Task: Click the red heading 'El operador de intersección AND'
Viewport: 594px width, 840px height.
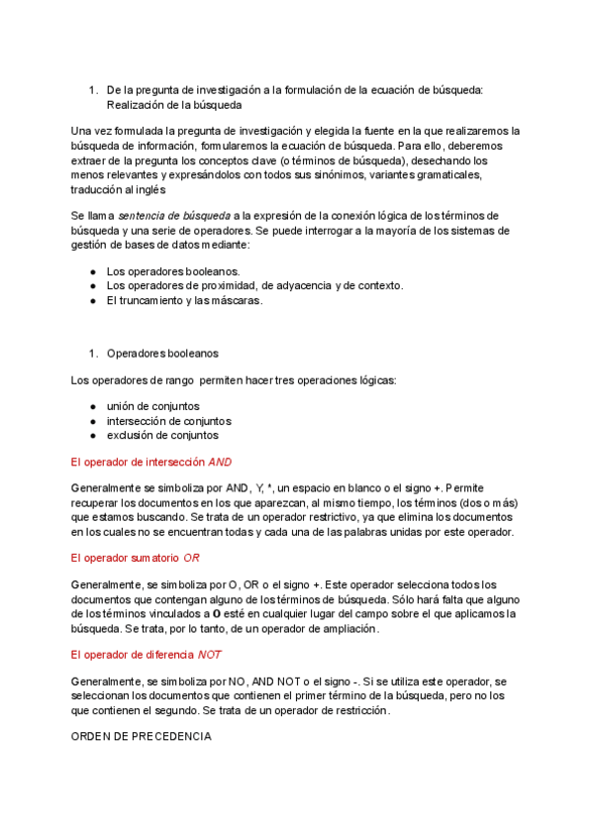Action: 151,462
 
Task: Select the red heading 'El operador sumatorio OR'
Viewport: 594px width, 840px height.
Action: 136,558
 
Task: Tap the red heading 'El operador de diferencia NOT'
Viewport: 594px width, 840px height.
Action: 147,655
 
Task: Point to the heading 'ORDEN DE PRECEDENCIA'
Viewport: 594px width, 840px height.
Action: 142,737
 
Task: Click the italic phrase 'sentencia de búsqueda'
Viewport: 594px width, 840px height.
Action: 173,215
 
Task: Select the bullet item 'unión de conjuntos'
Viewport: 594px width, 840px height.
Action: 152,406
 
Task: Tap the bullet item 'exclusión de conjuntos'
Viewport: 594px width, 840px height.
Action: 162,435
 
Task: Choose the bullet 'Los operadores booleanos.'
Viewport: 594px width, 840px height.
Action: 172,271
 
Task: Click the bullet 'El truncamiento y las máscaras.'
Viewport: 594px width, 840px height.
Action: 184,300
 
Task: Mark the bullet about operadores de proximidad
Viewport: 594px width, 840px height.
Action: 254,286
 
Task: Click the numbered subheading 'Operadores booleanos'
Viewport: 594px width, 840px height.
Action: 162,353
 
